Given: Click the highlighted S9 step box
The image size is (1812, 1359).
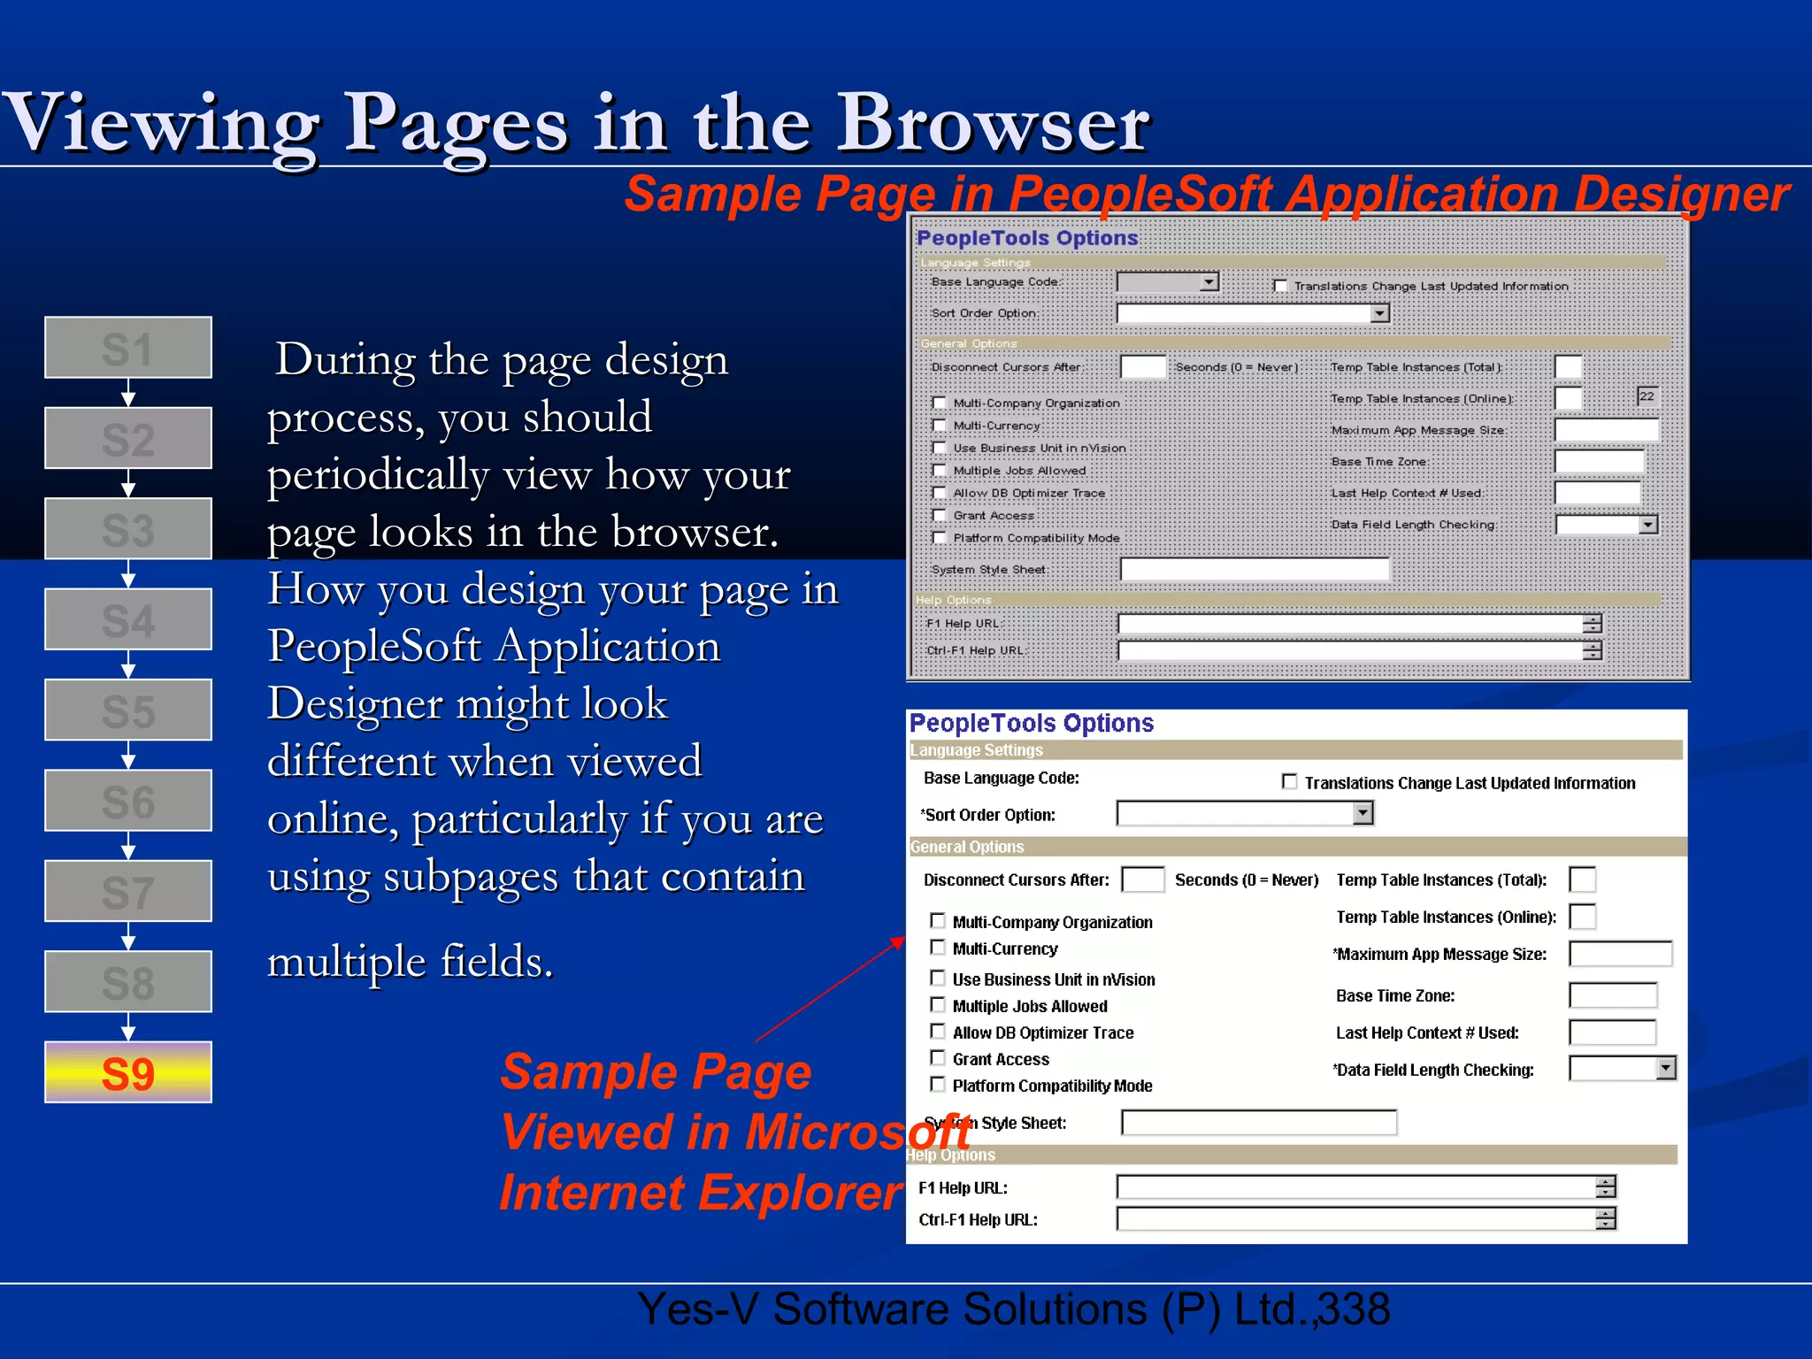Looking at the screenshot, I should pyautogui.click(x=128, y=1071).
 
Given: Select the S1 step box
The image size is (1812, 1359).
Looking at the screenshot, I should pyautogui.click(x=128, y=348).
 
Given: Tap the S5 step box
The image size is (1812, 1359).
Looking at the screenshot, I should pyautogui.click(x=128, y=710).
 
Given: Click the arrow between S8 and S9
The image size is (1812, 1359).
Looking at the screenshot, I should pyautogui.click(x=128, y=1026).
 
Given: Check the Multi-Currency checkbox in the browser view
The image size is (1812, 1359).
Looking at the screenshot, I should pyautogui.click(x=938, y=948).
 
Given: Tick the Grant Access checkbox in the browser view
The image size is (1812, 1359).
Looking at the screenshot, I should pyautogui.click(x=938, y=1058).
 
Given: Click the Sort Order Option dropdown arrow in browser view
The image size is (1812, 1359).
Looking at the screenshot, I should pyautogui.click(x=1363, y=813).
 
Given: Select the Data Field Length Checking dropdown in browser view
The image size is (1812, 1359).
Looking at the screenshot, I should pyautogui.click(x=1622, y=1069).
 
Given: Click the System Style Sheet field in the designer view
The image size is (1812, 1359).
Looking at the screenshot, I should pyautogui.click(x=1254, y=569).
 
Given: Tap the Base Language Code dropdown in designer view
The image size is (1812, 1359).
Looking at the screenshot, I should pyautogui.click(x=1168, y=282).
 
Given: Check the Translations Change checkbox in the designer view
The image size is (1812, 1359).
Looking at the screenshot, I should pyautogui.click(x=1280, y=286).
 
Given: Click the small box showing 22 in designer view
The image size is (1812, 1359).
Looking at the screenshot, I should pyautogui.click(x=1647, y=396).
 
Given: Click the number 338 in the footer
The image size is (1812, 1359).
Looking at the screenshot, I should pyautogui.click(x=1353, y=1309).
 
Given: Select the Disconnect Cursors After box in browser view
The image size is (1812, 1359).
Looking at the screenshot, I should pyautogui.click(x=1142, y=879).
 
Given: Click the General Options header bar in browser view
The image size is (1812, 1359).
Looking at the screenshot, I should pyautogui.click(x=1296, y=847).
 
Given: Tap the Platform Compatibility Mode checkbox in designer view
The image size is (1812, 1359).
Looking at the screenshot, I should pyautogui.click(x=940, y=538).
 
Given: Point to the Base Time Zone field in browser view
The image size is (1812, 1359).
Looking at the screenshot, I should pyautogui.click(x=1612, y=995).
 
